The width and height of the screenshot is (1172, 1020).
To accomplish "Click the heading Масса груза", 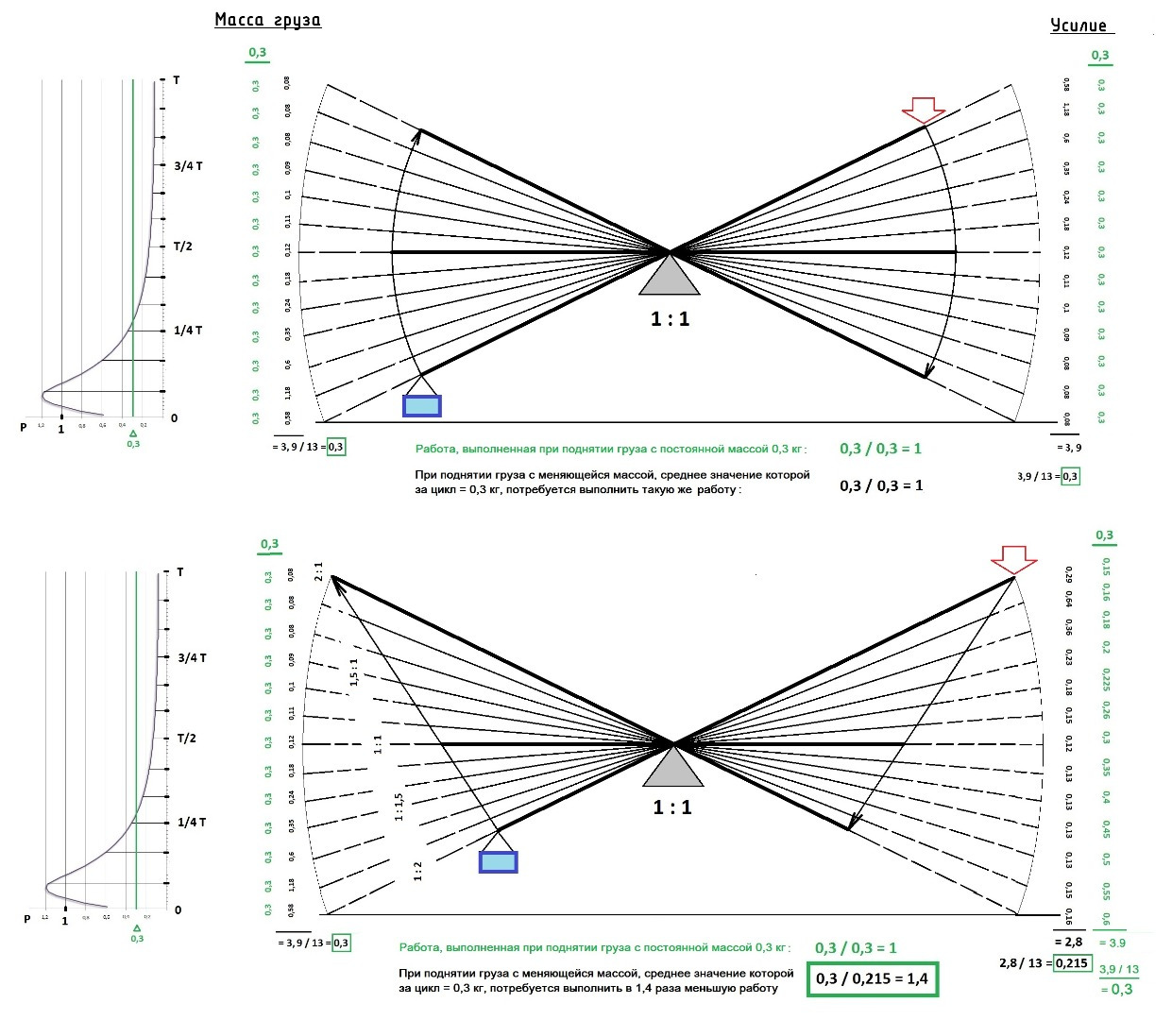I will pos(267,20).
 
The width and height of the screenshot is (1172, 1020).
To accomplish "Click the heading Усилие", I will pos(1078,25).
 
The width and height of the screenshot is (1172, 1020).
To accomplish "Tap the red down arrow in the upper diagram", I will pos(923,110).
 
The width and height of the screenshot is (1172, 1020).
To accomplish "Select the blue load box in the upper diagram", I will pos(421,406).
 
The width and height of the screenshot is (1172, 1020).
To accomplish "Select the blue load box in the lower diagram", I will pos(498,861).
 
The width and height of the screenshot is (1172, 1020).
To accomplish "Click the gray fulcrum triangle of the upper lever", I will pos(670,277).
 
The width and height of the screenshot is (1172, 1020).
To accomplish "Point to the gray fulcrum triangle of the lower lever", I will pos(673,768).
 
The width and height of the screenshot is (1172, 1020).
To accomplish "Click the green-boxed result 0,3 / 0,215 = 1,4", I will pos(872,978).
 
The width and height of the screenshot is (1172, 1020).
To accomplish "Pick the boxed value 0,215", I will pos(1071,963).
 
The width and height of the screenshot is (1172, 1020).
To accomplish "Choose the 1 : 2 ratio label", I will pos(417,871).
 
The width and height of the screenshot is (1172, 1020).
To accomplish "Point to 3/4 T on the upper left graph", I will pos(188,165).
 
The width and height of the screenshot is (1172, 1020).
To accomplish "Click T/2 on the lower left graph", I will pos(187,738).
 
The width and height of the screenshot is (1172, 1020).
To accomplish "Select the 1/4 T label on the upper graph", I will pos(187,331).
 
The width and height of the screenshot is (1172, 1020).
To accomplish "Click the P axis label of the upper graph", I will pos(24,427).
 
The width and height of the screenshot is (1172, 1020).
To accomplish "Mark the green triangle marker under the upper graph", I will pos(133,433).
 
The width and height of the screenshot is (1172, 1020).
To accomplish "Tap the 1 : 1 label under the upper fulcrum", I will pos(670,319).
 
